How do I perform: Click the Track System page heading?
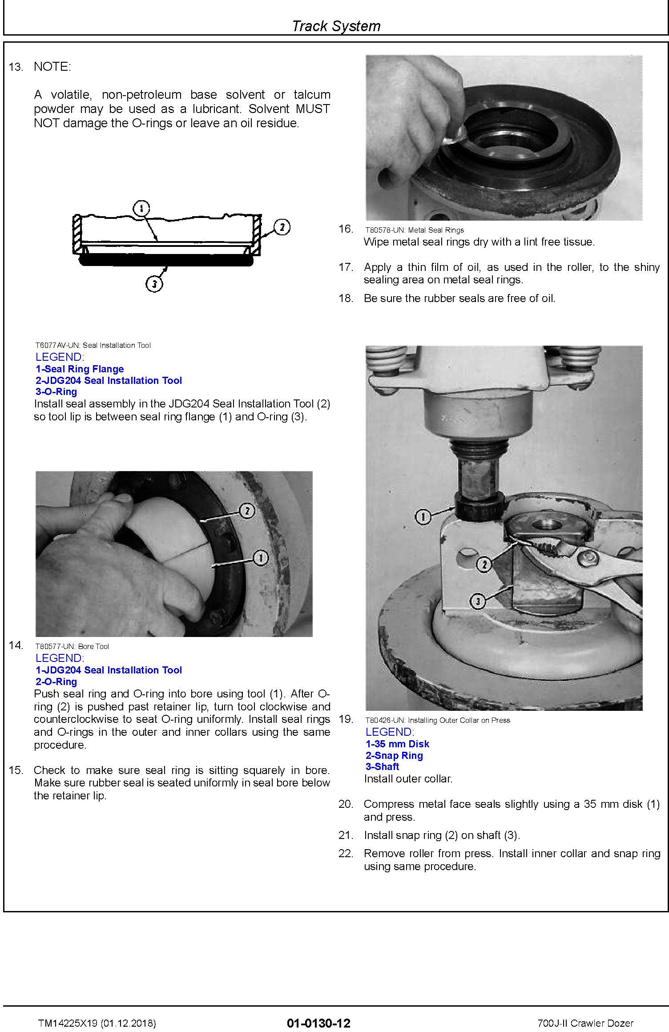point(336,26)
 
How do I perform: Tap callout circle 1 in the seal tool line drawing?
point(141,208)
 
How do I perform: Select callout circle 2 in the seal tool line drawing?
point(282,227)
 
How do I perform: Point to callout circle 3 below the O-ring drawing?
point(154,283)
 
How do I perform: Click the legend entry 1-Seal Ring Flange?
point(80,369)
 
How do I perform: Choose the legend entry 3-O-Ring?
point(56,391)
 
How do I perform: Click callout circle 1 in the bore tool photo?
point(260,558)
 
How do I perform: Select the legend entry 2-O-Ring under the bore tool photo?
point(56,681)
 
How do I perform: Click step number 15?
point(16,770)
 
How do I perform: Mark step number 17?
point(346,267)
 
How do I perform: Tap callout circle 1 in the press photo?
point(423,517)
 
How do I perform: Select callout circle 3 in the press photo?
point(478,602)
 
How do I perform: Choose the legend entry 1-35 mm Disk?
point(397,744)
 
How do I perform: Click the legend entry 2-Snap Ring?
point(394,755)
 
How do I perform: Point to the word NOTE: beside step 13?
point(52,67)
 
